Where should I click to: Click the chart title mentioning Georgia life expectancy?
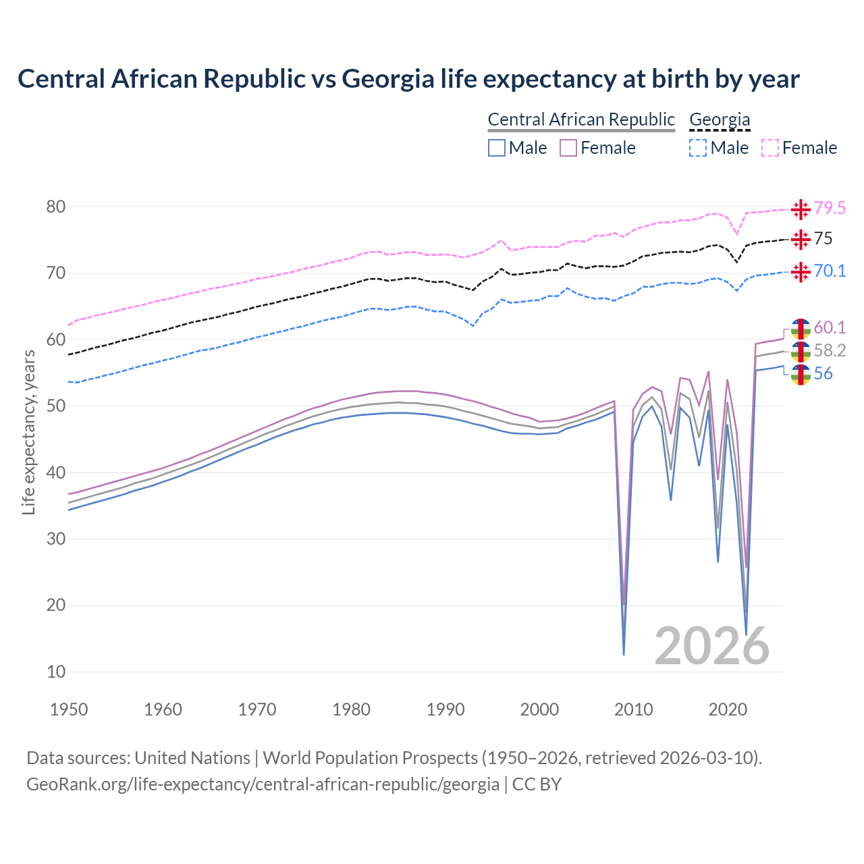click(x=408, y=79)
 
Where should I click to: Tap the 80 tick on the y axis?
click(x=55, y=207)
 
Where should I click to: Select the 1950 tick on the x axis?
click(x=69, y=709)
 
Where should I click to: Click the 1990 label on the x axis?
click(x=446, y=709)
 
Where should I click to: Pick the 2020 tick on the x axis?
click(x=728, y=709)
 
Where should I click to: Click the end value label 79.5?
click(x=830, y=209)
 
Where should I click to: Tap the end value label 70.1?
click(x=830, y=271)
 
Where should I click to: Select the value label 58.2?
click(x=830, y=350)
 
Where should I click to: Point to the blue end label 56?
click(x=823, y=374)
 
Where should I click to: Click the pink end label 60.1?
click(x=830, y=328)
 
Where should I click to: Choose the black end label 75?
click(x=823, y=239)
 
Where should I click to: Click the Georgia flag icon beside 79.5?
click(x=801, y=209)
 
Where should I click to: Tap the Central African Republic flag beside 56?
click(x=801, y=375)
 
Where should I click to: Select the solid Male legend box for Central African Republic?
click(x=497, y=148)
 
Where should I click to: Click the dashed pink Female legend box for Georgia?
click(x=770, y=148)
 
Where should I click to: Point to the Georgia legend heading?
click(x=720, y=120)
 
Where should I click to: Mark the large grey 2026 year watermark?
click(x=712, y=646)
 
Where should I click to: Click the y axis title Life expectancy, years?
click(x=29, y=432)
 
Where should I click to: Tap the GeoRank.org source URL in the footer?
click(x=263, y=784)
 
